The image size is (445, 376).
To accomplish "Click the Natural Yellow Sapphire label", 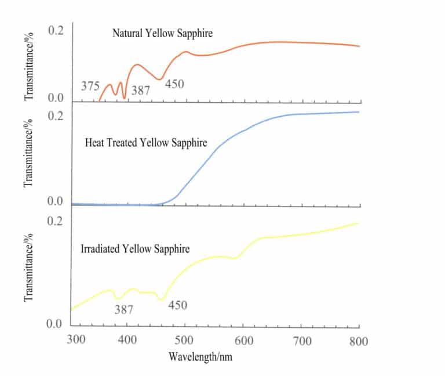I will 162,33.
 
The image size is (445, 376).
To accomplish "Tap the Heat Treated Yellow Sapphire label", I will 145,143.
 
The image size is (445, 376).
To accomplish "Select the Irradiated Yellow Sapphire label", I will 136,249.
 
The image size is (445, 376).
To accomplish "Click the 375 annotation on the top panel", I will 90,86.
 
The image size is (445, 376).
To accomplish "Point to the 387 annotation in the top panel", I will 141,91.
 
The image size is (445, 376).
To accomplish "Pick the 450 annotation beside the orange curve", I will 174,84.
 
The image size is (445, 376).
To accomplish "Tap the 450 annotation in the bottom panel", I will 177,305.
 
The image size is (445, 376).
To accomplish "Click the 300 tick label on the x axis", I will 76,340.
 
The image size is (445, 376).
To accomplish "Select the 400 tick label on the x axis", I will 127,340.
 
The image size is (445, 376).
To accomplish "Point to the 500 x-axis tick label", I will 185,340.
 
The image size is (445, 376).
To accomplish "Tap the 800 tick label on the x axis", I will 358,340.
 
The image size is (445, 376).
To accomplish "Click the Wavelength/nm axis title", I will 200,356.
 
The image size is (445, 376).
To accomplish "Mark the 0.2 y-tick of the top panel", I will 55,31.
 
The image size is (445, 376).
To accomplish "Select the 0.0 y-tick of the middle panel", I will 55,202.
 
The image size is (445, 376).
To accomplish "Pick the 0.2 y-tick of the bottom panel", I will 55,221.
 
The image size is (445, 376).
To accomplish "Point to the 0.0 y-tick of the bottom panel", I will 55,324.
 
